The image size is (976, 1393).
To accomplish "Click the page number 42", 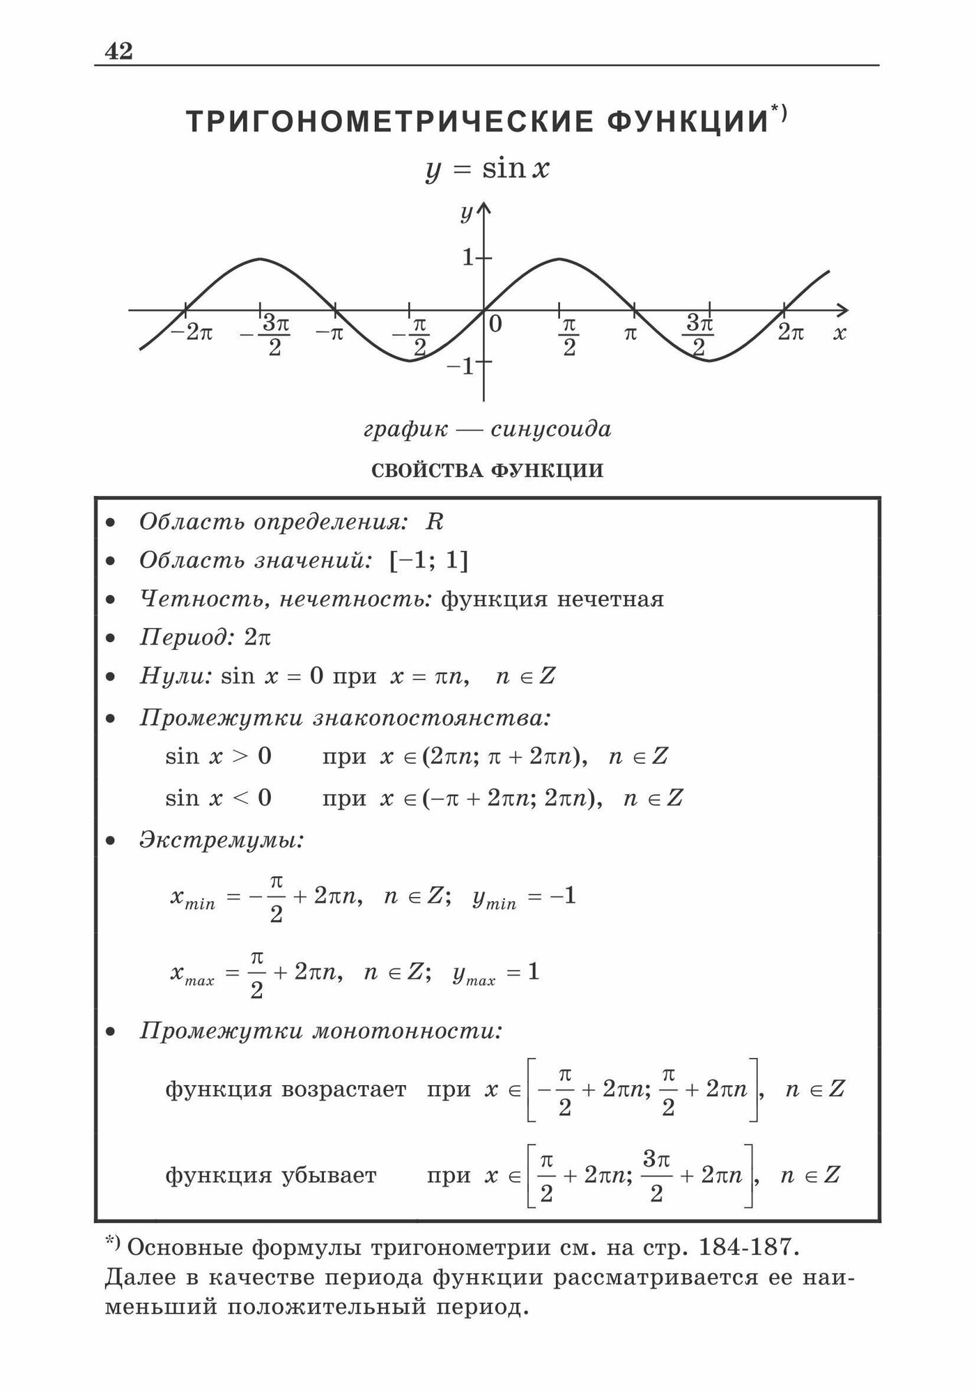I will click(x=118, y=52).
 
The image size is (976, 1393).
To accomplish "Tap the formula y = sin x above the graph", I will click(x=488, y=169).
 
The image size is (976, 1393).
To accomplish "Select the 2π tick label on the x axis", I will click(x=790, y=333).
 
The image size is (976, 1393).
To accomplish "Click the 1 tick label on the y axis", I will click(x=468, y=258).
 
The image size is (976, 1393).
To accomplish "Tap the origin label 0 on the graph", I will click(x=495, y=325).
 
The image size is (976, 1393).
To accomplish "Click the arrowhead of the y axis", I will click(x=483, y=208).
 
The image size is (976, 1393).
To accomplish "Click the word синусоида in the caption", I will click(x=550, y=429).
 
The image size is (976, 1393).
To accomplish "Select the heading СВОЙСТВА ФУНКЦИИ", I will click(x=488, y=471).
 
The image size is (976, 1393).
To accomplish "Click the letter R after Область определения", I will click(x=434, y=522).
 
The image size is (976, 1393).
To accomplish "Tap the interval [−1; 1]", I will click(x=429, y=560).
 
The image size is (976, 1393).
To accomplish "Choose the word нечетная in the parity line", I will click(x=611, y=599).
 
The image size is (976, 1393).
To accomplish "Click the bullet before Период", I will click(x=110, y=638).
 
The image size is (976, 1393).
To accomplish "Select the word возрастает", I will click(x=344, y=1089).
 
